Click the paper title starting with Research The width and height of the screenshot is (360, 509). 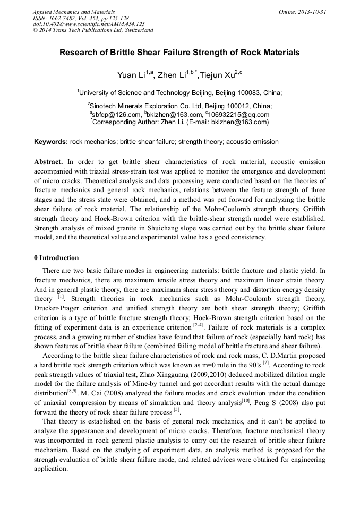(x=179, y=53)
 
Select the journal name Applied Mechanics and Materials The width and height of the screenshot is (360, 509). (x=73, y=12)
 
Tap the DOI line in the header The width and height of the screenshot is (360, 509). (x=89, y=24)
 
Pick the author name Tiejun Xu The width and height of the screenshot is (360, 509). (x=218, y=75)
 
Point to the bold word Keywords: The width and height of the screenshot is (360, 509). (x=50, y=142)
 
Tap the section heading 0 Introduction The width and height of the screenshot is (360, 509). (x=56, y=258)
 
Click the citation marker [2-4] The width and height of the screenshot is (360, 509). (x=198, y=324)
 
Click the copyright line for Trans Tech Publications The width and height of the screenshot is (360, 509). (x=93, y=30)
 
